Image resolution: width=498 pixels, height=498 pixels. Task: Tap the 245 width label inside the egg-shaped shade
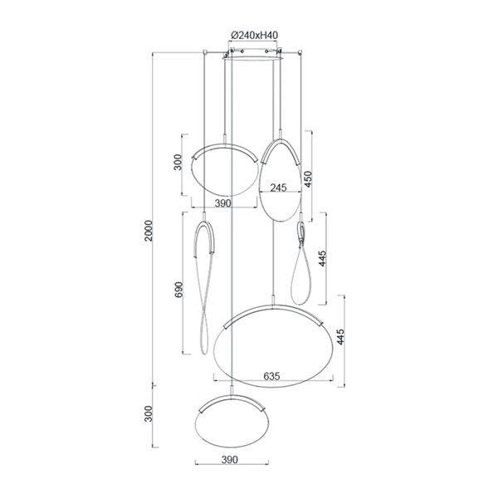click(278, 188)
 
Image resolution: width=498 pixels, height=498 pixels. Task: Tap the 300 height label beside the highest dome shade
click(176, 162)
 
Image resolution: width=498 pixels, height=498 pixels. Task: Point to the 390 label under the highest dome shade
click(223, 203)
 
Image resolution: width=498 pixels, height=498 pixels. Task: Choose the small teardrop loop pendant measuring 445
click(304, 266)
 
